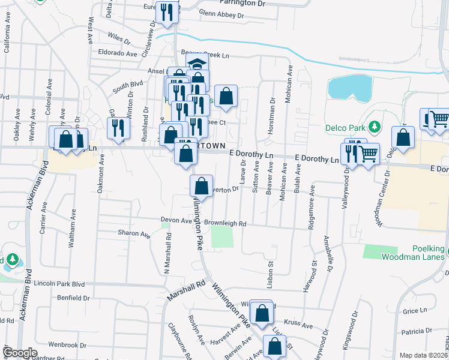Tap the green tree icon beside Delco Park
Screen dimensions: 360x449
(375, 127)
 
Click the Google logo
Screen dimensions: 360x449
(20, 353)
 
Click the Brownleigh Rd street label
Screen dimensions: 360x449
(225, 223)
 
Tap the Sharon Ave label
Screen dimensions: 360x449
(133, 233)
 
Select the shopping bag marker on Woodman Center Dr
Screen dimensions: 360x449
(403, 137)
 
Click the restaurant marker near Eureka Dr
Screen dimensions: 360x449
(166, 12)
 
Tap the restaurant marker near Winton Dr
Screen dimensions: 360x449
(118, 127)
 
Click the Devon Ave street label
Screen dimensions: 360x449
(176, 221)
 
